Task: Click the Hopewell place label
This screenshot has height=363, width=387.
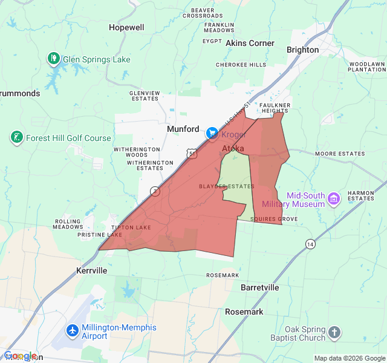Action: [126, 27]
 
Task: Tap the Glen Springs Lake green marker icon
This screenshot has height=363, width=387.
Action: [53, 59]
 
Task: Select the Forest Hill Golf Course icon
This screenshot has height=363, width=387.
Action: [17, 137]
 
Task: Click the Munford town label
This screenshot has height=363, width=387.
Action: [183, 129]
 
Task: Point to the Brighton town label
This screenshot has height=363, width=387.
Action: [302, 50]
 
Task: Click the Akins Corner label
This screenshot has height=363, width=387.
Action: [250, 43]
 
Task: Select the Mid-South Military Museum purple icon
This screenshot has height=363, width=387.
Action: [333, 198]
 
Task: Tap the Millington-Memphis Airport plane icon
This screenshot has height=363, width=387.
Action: [73, 331]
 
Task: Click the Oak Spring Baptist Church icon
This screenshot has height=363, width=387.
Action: [334, 332]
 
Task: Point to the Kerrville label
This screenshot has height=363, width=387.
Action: [92, 270]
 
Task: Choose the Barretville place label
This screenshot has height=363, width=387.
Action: [260, 287]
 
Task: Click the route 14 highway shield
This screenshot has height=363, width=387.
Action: [310, 244]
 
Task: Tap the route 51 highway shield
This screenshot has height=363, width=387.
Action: [192, 154]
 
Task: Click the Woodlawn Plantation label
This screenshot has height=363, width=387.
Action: [366, 67]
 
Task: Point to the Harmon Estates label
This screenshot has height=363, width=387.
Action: [361, 195]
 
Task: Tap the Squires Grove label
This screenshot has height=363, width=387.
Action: [274, 219]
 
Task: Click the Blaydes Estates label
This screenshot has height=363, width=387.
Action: [227, 186]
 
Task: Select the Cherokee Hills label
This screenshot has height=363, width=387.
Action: [241, 64]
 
